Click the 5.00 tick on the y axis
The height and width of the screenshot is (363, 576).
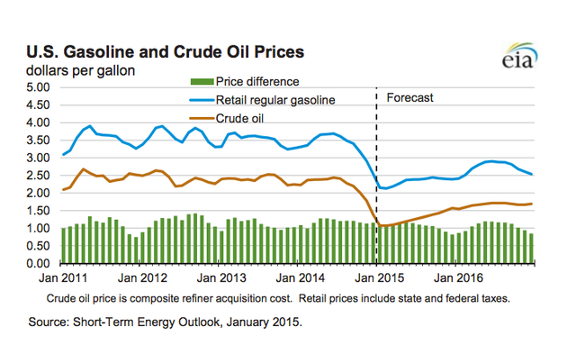tap(35, 87)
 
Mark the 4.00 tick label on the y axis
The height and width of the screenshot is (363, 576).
tap(35, 123)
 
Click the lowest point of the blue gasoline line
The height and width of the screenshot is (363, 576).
tap(385, 189)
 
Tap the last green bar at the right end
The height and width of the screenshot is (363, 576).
tap(532, 248)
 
